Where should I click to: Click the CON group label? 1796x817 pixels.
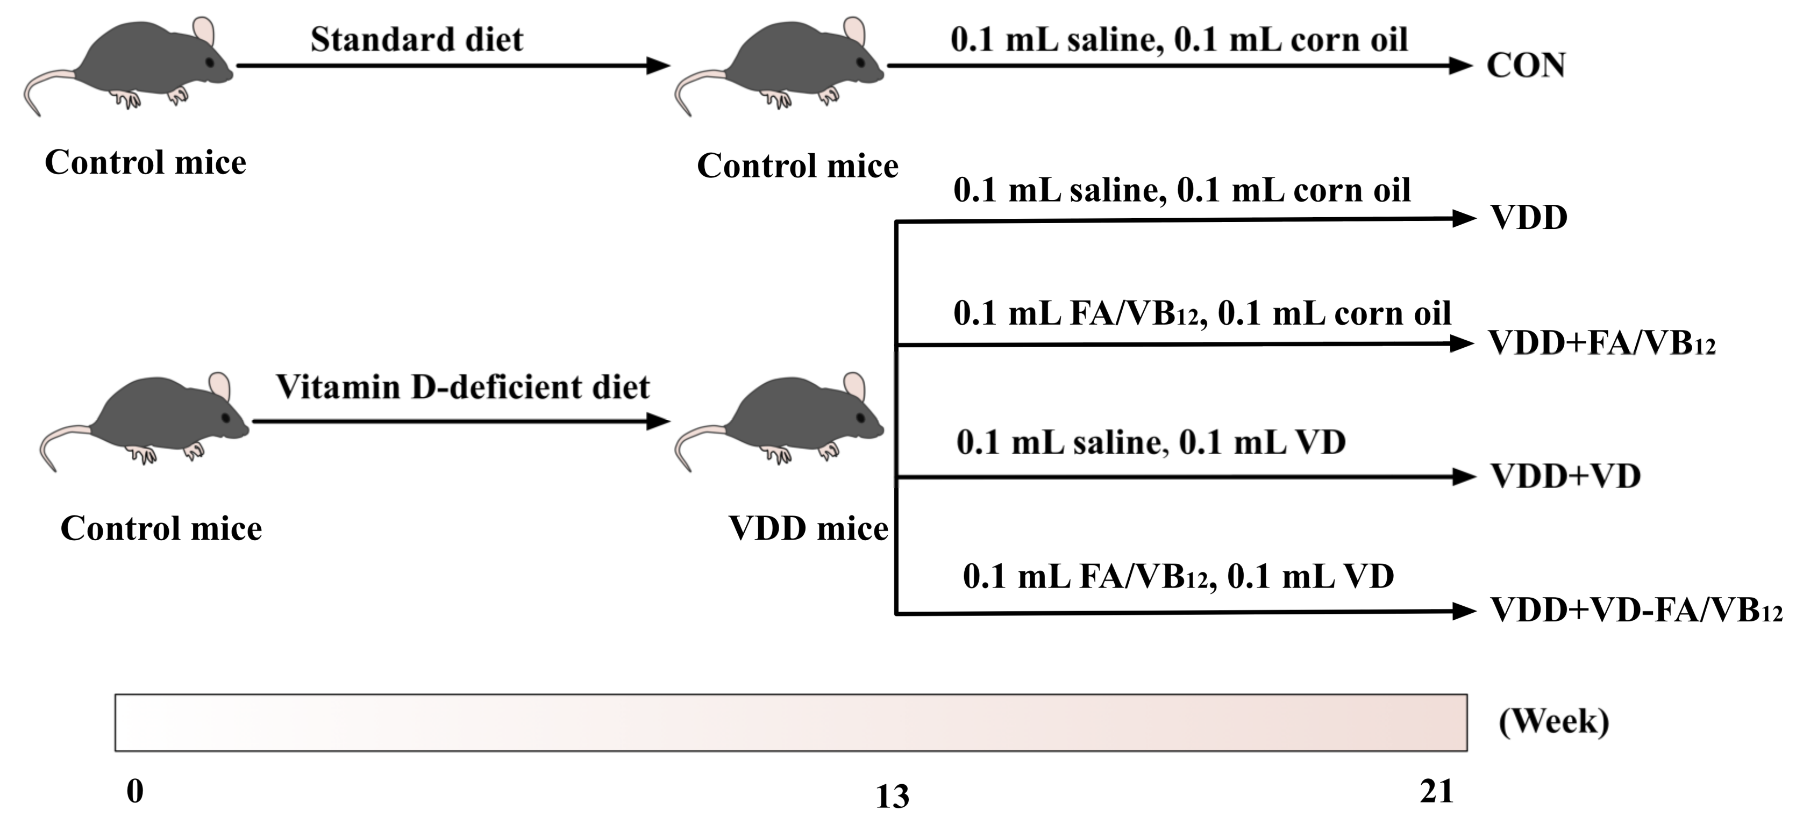point(1526,66)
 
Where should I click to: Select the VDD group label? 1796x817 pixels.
point(1528,218)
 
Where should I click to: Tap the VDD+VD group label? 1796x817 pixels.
point(1565,477)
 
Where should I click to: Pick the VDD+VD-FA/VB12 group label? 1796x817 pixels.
point(1635,611)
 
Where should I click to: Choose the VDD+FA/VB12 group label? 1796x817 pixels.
point(1601,343)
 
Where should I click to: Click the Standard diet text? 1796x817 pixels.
point(416,40)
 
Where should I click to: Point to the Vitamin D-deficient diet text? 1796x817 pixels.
point(462,388)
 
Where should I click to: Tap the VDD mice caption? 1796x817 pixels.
point(808,528)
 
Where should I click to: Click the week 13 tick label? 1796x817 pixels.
point(892,796)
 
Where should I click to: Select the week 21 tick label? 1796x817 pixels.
point(1436,791)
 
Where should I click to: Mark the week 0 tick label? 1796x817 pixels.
point(136,791)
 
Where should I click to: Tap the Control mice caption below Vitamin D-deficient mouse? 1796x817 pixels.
point(161,528)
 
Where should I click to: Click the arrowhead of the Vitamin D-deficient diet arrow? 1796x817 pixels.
point(658,421)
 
